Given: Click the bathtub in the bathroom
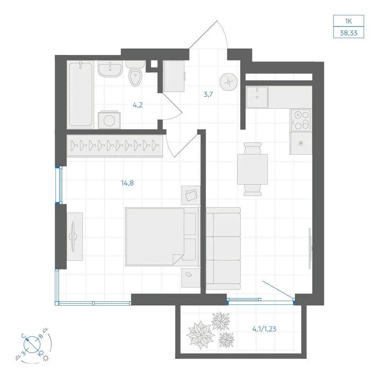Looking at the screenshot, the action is tap(80, 94).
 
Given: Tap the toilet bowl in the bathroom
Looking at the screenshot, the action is tap(135, 74).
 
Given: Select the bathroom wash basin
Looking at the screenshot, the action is tap(110, 69).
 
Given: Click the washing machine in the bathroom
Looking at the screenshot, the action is tap(109, 120).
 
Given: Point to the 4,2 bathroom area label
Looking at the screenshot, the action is tap(138, 105).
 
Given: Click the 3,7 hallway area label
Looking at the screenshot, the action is tap(208, 94).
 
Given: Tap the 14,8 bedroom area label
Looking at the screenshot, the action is tap(127, 183).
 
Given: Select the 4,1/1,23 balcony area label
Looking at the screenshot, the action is tap(264, 329).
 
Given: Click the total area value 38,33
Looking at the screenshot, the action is tap(349, 33).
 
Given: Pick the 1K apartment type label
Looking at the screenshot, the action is tap(348, 21).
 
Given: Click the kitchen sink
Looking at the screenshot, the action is tap(257, 97).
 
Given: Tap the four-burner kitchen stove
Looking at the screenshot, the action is tap(301, 120).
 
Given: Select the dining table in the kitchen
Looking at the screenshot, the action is tap(252, 169).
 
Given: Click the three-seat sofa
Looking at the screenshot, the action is tap(223, 249).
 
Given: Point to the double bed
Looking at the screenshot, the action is tap(162, 237).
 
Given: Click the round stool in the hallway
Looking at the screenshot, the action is tap(229, 82).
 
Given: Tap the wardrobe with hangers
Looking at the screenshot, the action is tap(115, 146).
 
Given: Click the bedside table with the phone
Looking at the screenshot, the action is tap(191, 278).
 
